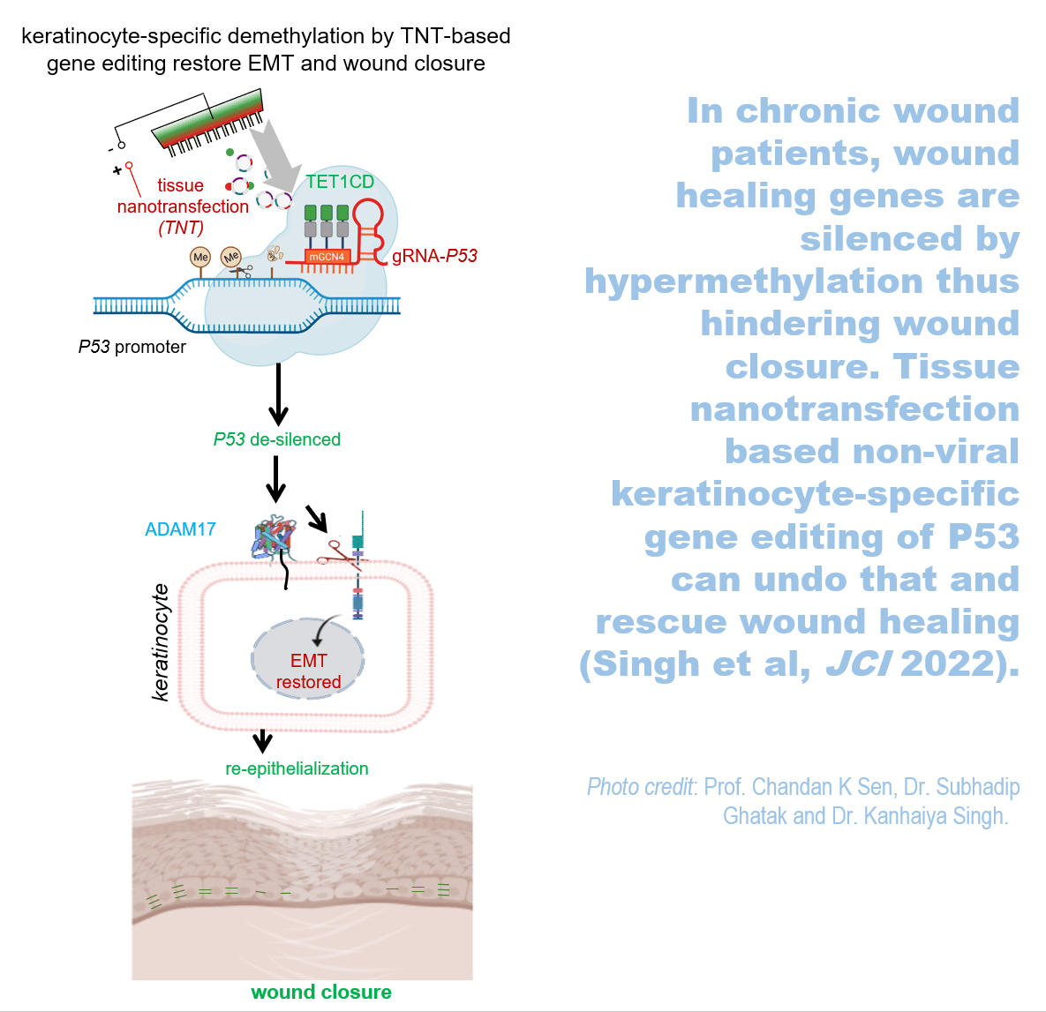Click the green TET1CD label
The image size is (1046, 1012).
point(340,182)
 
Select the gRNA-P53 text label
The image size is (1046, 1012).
point(434,256)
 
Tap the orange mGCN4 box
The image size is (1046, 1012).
point(327,257)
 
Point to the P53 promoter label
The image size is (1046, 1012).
point(132,347)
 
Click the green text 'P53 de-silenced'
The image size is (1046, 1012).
point(276,439)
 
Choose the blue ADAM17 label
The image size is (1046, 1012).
point(180,529)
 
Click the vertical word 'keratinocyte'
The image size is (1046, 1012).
point(161,641)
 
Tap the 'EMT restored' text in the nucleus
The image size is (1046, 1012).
point(308,671)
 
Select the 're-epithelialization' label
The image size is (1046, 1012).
point(297,768)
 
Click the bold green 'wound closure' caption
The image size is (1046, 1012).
point(321,992)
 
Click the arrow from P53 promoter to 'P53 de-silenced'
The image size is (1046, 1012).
point(278,394)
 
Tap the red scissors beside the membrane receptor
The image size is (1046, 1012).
point(336,552)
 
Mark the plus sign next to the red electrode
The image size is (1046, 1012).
point(117,170)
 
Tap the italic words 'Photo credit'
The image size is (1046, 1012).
point(640,787)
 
